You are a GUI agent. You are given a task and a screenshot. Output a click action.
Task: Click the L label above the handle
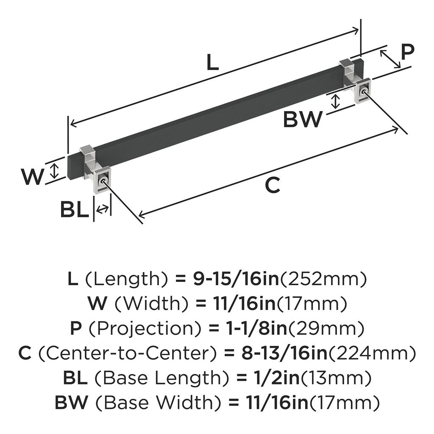pyautogui.click(x=213, y=63)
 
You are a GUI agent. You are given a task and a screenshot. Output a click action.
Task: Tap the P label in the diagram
pyautogui.click(x=407, y=53)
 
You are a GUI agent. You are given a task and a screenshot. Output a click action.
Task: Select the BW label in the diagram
pyautogui.click(x=303, y=120)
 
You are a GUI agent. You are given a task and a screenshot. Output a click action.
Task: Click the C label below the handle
pyautogui.click(x=273, y=186)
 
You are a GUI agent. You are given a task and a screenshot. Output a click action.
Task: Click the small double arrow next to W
pyautogui.click(x=54, y=171)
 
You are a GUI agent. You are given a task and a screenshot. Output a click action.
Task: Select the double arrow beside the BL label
pyautogui.click(x=102, y=209)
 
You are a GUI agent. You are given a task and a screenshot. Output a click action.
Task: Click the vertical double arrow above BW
pyautogui.click(x=336, y=101)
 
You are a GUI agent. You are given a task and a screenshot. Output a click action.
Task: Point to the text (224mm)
pyautogui.click(x=373, y=353)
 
